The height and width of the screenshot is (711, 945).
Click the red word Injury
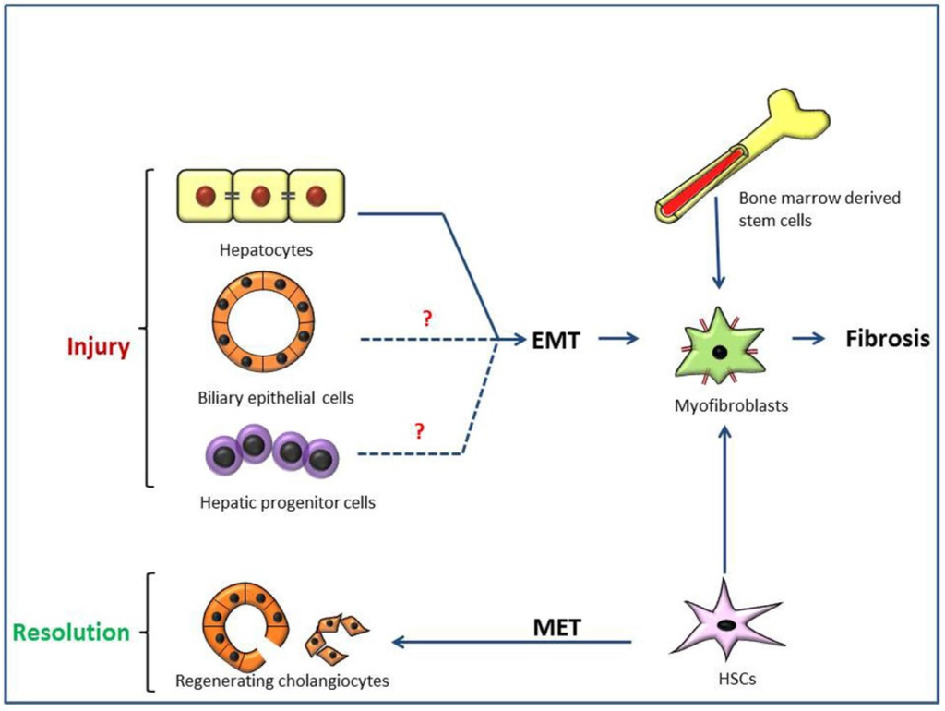point(98,347)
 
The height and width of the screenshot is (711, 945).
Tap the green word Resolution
point(71,632)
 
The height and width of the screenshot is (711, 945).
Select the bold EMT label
point(556,340)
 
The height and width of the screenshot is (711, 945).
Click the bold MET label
point(556,627)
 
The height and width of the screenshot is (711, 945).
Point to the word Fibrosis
point(888,338)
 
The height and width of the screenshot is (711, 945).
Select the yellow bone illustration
point(743,155)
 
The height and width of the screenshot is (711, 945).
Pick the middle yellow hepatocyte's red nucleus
point(260,196)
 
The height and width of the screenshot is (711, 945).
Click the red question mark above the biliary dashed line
point(427,319)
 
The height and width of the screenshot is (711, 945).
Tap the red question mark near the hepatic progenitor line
point(420,430)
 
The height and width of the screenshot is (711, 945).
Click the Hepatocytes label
point(266,249)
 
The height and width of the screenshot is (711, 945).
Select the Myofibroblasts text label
point(731,405)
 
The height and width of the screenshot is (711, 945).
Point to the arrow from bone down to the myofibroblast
point(717,243)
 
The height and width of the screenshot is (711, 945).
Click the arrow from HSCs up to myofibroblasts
point(725,500)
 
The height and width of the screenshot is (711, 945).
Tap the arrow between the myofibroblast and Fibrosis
point(808,338)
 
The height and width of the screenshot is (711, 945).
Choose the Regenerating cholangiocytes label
point(282,681)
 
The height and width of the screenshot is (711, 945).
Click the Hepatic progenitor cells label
point(288,502)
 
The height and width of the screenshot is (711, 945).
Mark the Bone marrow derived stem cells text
point(819,210)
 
